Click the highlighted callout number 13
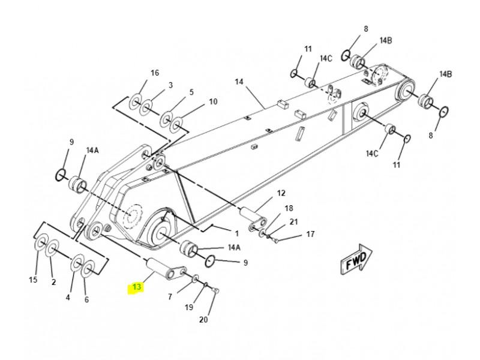(137, 287)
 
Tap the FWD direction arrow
(356, 259)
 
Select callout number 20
(203, 320)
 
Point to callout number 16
(155, 73)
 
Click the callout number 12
(281, 193)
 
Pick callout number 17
(310, 234)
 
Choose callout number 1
(236, 234)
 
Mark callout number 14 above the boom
(239, 82)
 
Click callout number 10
(213, 101)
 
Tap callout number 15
(33, 280)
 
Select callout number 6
(86, 299)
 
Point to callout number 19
(189, 307)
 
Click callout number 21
(293, 221)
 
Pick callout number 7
(170, 296)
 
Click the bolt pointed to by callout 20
(216, 290)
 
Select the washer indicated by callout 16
(135, 101)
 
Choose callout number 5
(191, 92)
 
